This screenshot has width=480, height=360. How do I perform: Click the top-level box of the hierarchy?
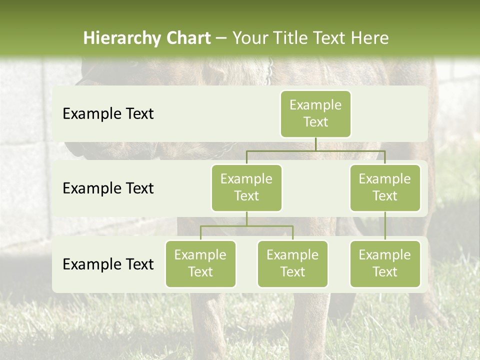point(315,114)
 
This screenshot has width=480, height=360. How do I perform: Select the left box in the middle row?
point(246,188)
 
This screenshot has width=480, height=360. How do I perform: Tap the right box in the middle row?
point(385,188)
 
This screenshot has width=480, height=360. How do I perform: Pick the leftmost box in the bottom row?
point(200,264)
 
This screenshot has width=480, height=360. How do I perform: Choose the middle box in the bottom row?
point(292,264)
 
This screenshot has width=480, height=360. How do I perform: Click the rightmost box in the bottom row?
point(385,264)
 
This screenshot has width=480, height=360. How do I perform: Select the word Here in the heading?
point(369,38)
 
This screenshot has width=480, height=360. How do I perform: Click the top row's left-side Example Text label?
point(108,114)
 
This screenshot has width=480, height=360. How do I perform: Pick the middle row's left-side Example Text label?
point(108,188)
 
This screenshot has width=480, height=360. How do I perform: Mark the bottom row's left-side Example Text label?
point(108,264)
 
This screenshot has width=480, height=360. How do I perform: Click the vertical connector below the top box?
point(315,144)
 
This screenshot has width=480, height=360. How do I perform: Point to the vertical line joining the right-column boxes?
point(385,226)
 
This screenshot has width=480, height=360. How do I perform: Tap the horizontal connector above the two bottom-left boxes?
point(246,226)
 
